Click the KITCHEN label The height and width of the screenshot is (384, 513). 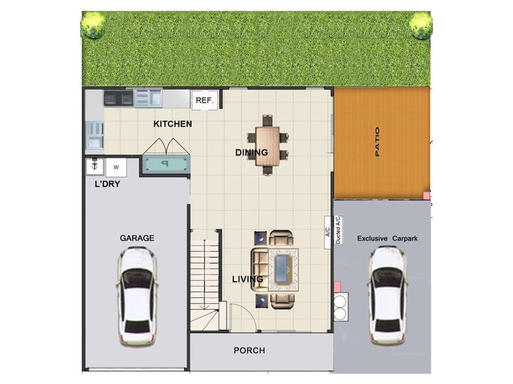pyautogui.click(x=172, y=124)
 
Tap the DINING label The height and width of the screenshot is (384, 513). pyautogui.click(x=251, y=152)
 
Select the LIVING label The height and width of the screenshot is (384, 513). pyautogui.click(x=248, y=280)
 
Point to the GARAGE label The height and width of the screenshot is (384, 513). pyautogui.click(x=137, y=238)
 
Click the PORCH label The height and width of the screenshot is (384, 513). pyautogui.click(x=249, y=350)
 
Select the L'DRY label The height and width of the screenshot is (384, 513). pyautogui.click(x=107, y=184)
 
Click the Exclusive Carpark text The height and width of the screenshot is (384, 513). pyautogui.click(x=387, y=239)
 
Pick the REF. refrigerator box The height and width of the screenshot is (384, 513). pyautogui.click(x=204, y=100)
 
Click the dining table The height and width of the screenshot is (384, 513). pyautogui.click(x=267, y=145)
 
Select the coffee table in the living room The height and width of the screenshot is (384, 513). pyautogui.click(x=282, y=269)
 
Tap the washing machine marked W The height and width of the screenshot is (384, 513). pyautogui.click(x=116, y=168)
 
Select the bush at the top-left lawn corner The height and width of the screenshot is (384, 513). pyautogui.click(x=93, y=24)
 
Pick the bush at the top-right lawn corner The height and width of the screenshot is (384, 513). pyautogui.click(x=421, y=24)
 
